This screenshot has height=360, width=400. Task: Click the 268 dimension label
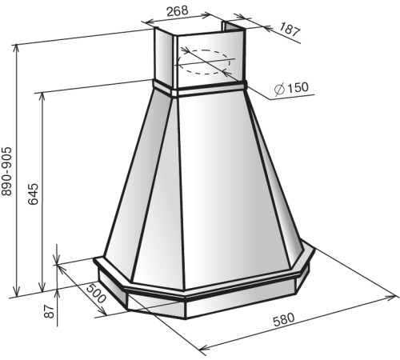pos(178,10)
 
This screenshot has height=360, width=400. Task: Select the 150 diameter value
pos(298,87)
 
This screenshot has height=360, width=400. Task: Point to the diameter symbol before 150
pos(279,89)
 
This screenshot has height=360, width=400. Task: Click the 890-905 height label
pos(6,171)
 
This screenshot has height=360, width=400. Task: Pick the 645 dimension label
pos(34,194)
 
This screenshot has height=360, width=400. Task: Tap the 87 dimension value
pos(49,311)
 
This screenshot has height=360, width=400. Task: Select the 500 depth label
pos(96,293)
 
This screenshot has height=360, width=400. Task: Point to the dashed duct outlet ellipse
pos(205,62)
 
